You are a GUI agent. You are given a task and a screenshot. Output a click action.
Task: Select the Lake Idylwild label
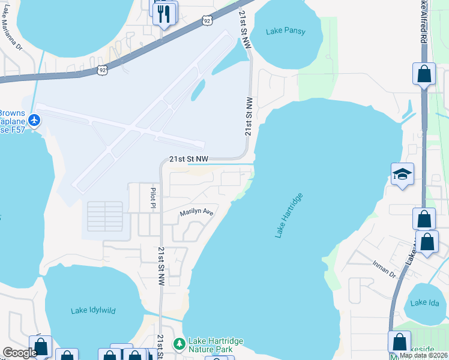point(93,310)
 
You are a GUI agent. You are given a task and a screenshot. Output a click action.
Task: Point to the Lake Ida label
point(426,302)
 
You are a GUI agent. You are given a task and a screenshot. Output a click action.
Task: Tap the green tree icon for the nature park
point(178,344)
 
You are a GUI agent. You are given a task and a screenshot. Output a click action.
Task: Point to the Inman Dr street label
point(384,274)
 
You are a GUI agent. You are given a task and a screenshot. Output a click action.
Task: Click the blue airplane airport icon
point(34,120)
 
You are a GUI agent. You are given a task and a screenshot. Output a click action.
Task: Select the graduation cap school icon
point(403,175)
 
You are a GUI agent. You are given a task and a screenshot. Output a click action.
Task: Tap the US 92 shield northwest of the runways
point(103,70)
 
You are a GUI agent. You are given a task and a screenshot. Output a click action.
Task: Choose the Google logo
point(19,353)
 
